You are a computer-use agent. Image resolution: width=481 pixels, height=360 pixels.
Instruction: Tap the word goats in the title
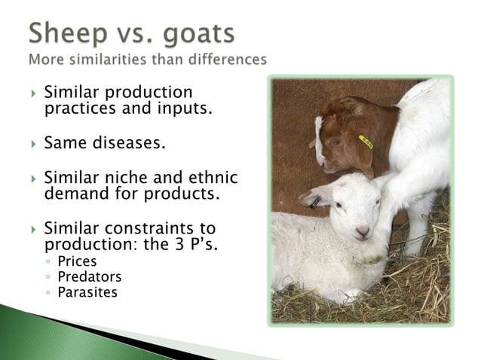pos(198,35)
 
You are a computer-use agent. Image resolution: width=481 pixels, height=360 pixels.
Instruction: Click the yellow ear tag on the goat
pos(366,141)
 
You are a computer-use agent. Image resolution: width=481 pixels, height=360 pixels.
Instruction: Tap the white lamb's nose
pos(362,232)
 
